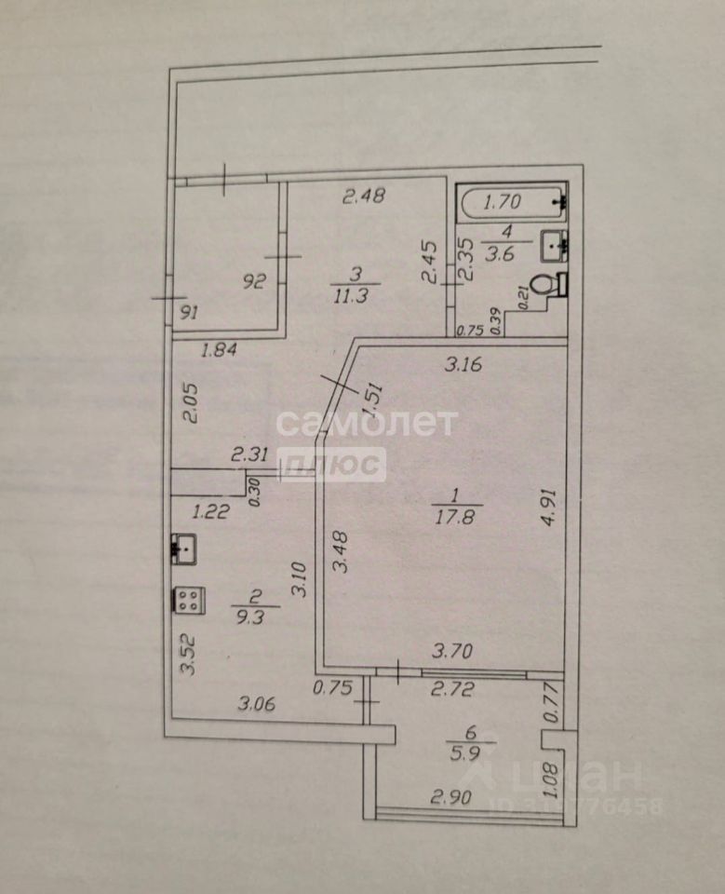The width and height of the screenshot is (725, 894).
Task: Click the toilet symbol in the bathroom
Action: pyautogui.click(x=549, y=283)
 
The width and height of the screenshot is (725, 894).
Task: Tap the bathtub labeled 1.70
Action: pyautogui.click(x=513, y=199)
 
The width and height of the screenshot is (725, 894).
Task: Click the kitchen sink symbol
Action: pyautogui.click(x=182, y=549)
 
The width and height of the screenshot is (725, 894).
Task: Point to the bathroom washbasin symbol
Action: pyautogui.click(x=556, y=246)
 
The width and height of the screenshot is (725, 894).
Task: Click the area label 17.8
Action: pyautogui.click(x=455, y=517)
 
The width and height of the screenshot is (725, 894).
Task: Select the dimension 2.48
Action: pyautogui.click(x=364, y=196)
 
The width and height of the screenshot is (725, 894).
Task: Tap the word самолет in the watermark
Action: pyautogui.click(x=366, y=424)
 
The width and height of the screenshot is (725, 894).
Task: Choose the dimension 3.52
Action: pyautogui.click(x=188, y=654)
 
